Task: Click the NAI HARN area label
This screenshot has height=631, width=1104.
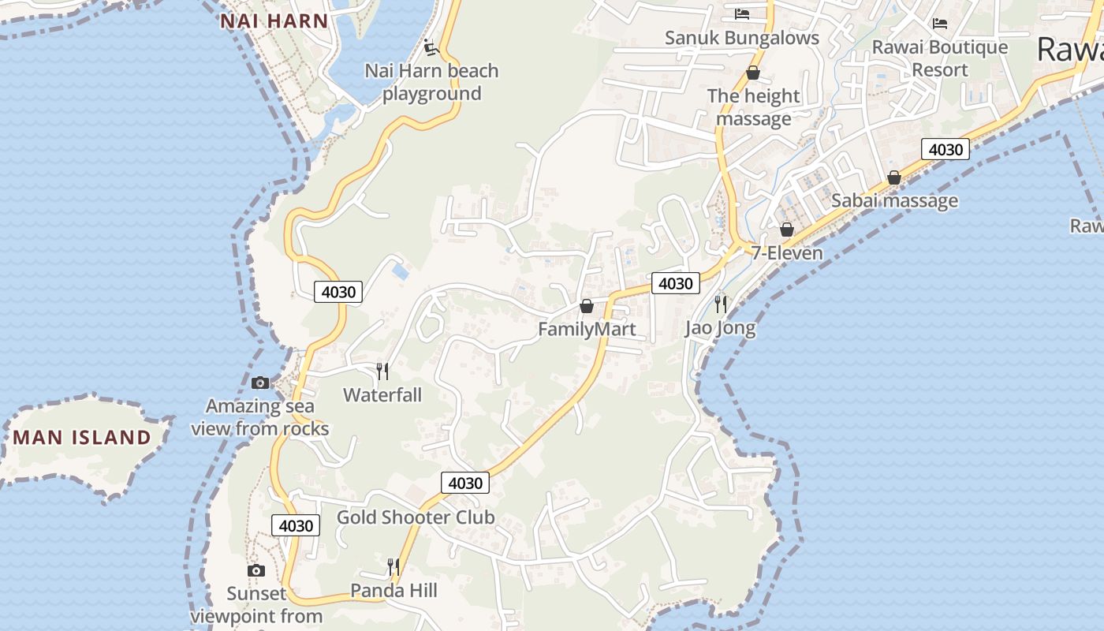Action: click(x=274, y=21)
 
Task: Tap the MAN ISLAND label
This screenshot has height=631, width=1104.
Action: click(x=82, y=437)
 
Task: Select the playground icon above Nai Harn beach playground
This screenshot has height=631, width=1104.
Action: click(x=431, y=47)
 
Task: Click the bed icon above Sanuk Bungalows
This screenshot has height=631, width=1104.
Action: click(x=741, y=13)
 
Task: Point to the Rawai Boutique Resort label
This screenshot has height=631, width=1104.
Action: click(x=939, y=58)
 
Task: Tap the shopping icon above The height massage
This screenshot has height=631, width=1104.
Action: click(x=753, y=73)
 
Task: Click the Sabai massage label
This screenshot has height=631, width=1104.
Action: click(x=894, y=200)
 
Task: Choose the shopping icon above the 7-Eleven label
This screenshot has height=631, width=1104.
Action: click(x=786, y=230)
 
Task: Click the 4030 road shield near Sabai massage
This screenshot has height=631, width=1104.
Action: click(x=945, y=149)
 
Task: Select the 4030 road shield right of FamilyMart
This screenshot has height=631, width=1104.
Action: click(x=675, y=283)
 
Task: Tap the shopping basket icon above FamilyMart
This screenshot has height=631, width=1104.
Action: click(x=586, y=306)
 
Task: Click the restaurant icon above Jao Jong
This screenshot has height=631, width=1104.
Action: click(x=720, y=304)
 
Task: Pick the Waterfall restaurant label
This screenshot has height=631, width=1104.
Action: click(x=382, y=394)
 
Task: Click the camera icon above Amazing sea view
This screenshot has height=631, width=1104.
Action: click(x=260, y=383)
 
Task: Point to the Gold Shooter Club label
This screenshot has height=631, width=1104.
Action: click(x=416, y=517)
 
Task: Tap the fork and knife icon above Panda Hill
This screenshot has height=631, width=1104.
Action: click(x=393, y=566)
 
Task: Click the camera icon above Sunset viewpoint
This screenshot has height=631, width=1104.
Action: click(x=255, y=570)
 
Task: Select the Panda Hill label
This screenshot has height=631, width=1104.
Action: click(x=393, y=591)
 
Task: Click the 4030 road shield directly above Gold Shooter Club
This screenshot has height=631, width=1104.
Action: click(x=465, y=482)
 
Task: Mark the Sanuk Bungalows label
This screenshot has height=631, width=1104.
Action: click(x=742, y=38)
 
